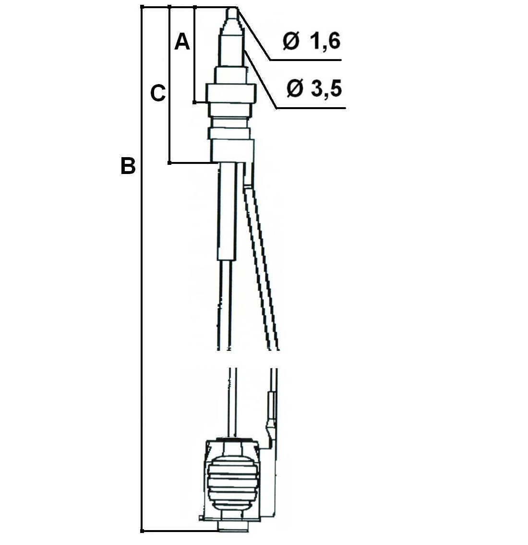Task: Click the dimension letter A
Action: pyautogui.click(x=182, y=42)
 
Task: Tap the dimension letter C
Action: pyautogui.click(x=158, y=94)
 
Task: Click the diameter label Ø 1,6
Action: pyautogui.click(x=312, y=42)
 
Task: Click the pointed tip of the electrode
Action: pyautogui.click(x=231, y=8)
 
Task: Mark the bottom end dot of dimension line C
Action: pyautogui.click(x=169, y=162)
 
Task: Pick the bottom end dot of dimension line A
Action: pyautogui.click(x=195, y=102)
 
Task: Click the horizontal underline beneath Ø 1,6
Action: pyautogui.click(x=306, y=60)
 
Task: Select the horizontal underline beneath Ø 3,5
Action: pyautogui.click(x=311, y=108)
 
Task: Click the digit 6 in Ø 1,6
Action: pyautogui.click(x=334, y=42)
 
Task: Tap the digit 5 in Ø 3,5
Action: pyautogui.click(x=336, y=88)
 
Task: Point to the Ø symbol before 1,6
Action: pyautogui.click(x=290, y=42)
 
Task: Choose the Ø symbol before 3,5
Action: pyautogui.click(x=295, y=88)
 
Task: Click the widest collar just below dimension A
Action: pyautogui.click(x=231, y=93)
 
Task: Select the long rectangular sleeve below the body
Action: pyautogui.click(x=227, y=211)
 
